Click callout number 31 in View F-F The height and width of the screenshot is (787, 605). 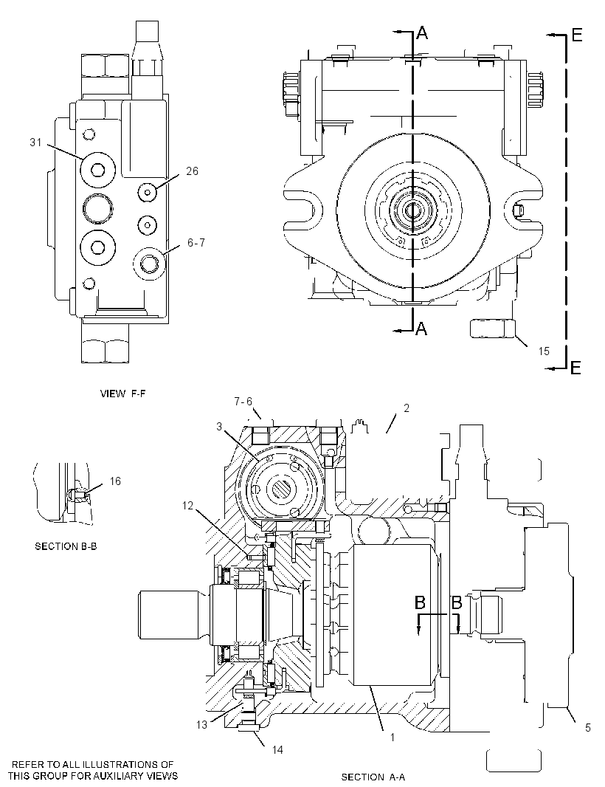click(35, 142)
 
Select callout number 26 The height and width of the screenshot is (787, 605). click(192, 171)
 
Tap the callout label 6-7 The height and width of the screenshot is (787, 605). click(196, 243)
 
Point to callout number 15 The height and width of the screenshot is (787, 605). click(544, 351)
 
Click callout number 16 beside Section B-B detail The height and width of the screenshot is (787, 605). click(115, 481)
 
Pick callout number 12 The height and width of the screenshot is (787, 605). click(187, 506)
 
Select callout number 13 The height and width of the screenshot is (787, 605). click(201, 725)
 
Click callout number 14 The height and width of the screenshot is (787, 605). click(277, 750)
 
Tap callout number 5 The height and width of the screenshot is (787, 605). click(588, 727)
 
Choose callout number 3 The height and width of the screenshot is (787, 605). click(219, 427)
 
